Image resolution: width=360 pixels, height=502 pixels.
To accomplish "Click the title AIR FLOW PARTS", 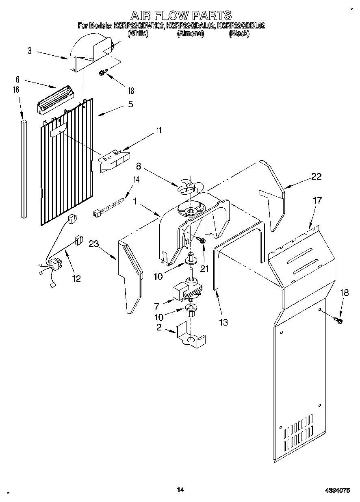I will coord(181,15).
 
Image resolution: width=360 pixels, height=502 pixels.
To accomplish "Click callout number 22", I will coord(316,176).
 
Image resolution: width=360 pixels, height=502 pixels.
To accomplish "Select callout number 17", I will coord(317,200).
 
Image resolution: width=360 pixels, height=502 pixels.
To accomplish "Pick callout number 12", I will coord(76,278).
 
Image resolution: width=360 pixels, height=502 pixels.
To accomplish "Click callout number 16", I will coord(16,90).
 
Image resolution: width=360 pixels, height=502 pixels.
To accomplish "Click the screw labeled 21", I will coord(201,241).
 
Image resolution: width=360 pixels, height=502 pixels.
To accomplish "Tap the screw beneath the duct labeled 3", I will coord(103,73).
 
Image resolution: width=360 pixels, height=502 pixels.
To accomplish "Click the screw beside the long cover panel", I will coord(338,321).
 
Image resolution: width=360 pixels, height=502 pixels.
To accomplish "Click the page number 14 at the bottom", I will coord(180,490).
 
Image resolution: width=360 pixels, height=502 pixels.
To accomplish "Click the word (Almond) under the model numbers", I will coord(190,34).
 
